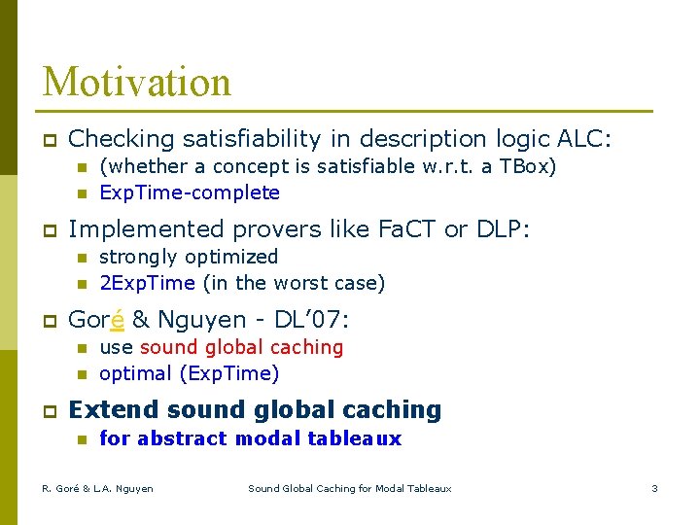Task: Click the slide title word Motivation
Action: pos(137,82)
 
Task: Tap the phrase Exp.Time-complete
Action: pos(190,192)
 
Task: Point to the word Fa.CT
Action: pos(401,229)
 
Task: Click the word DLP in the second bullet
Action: pos(498,229)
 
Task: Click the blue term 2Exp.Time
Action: pos(148,283)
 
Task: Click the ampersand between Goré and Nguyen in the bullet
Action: pos(139,320)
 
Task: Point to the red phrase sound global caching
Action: pos(241,347)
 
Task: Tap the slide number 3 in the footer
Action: pos(654,488)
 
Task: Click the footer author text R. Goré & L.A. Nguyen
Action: pos(97,488)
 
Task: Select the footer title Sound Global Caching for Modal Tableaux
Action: pos(350,488)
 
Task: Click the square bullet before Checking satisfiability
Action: pos(47,140)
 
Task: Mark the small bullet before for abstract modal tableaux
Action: pos(82,439)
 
